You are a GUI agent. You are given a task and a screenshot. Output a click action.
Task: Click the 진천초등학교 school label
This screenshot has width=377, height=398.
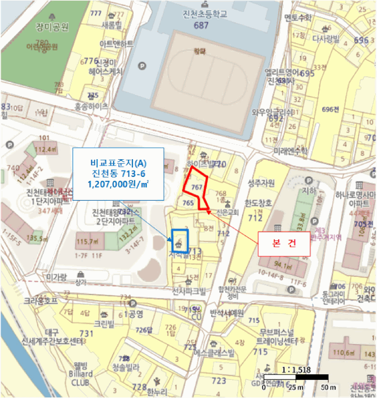point(200,14)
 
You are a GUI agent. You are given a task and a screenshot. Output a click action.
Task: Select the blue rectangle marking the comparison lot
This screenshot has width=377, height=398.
point(179,241)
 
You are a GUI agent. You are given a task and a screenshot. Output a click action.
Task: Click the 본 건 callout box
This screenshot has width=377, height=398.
point(284,243)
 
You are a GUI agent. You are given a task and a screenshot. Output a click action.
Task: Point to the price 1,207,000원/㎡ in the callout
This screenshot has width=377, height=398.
point(118,184)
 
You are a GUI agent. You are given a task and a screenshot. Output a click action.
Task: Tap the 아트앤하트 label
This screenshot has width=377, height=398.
point(116,44)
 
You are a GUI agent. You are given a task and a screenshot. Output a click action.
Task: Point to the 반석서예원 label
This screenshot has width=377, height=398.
point(226,313)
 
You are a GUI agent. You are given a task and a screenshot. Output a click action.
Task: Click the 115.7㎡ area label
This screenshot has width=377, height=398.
point(87,242)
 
